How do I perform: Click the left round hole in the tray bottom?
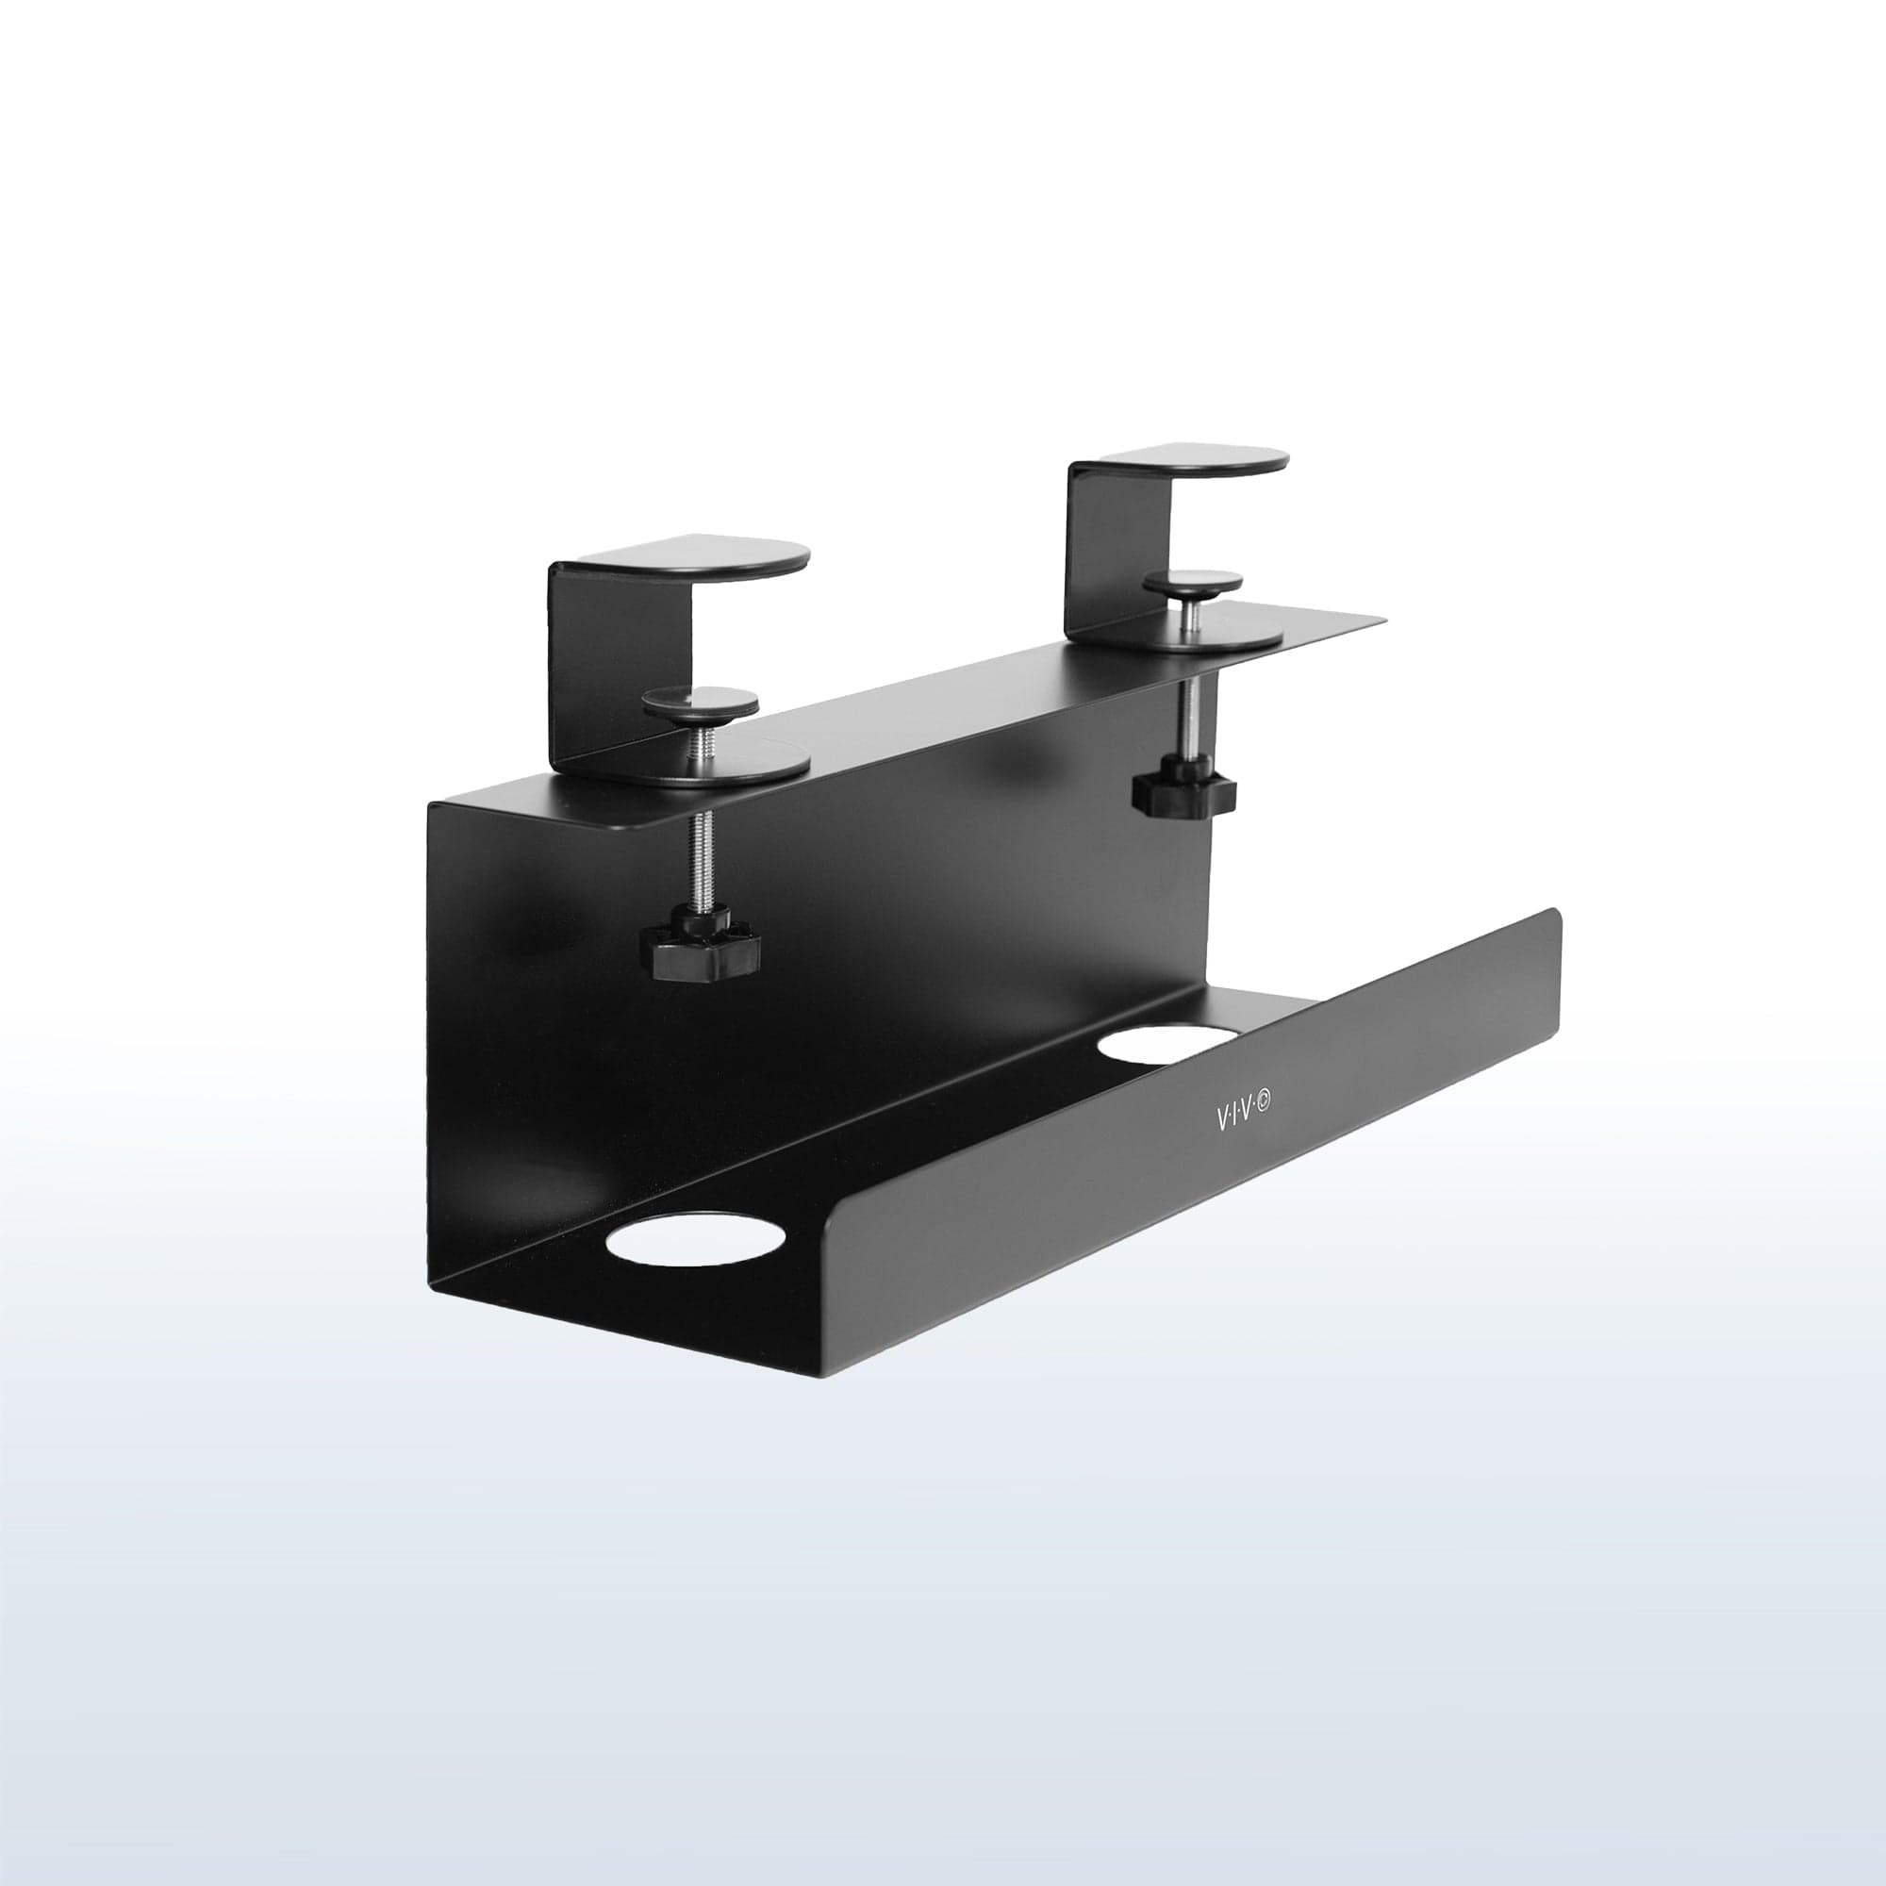point(696,1240)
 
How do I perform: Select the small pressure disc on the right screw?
point(1193,585)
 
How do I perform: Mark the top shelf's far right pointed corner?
point(1382,619)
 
